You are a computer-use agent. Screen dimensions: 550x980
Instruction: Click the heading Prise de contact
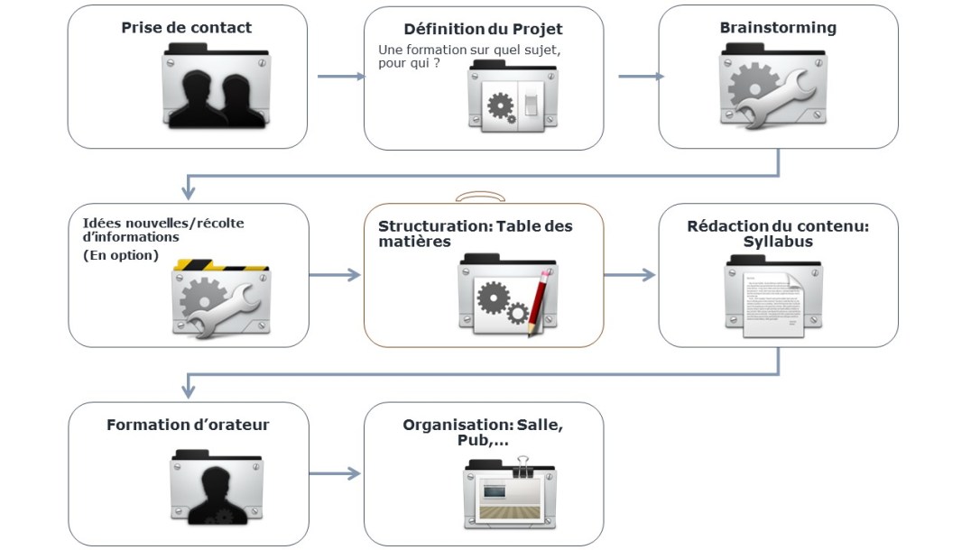coord(187,28)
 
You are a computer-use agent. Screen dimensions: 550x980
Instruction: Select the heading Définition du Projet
coord(484,29)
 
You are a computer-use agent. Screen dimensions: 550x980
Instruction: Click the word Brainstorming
coord(778,28)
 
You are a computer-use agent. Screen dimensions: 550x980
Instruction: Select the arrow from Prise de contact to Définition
coord(340,77)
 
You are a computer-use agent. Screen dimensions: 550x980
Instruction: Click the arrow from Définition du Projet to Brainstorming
coord(640,77)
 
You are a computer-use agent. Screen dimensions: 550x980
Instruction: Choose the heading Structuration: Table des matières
coord(475,234)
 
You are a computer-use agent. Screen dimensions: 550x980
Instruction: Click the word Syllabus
coord(778,242)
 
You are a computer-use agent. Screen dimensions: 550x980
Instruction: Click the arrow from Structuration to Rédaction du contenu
coord(630,275)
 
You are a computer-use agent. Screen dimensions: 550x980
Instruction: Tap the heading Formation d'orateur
coord(188,425)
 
